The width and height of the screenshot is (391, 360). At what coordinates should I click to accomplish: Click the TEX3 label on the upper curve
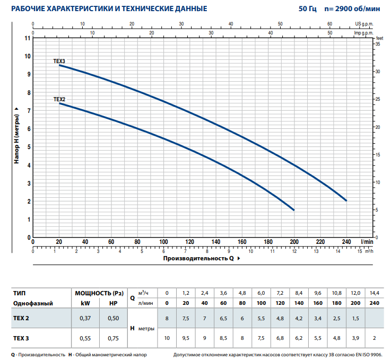point(59,62)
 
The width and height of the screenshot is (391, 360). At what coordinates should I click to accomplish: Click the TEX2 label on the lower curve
point(59,99)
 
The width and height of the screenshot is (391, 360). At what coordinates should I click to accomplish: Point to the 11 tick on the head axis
point(28,38)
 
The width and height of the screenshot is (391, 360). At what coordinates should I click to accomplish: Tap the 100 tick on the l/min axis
point(163,242)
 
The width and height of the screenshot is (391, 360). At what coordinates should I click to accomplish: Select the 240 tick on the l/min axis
point(346,242)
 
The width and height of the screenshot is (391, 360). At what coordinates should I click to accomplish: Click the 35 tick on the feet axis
point(378,44)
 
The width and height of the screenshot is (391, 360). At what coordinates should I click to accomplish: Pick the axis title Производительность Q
point(198,259)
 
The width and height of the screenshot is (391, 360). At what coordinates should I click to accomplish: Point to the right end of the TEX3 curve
point(346,201)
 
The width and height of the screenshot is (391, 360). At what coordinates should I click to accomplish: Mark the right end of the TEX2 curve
point(293,210)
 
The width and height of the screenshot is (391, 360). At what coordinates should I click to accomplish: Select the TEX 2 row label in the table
point(21,318)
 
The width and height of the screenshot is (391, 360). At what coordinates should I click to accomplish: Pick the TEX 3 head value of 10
point(167,338)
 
